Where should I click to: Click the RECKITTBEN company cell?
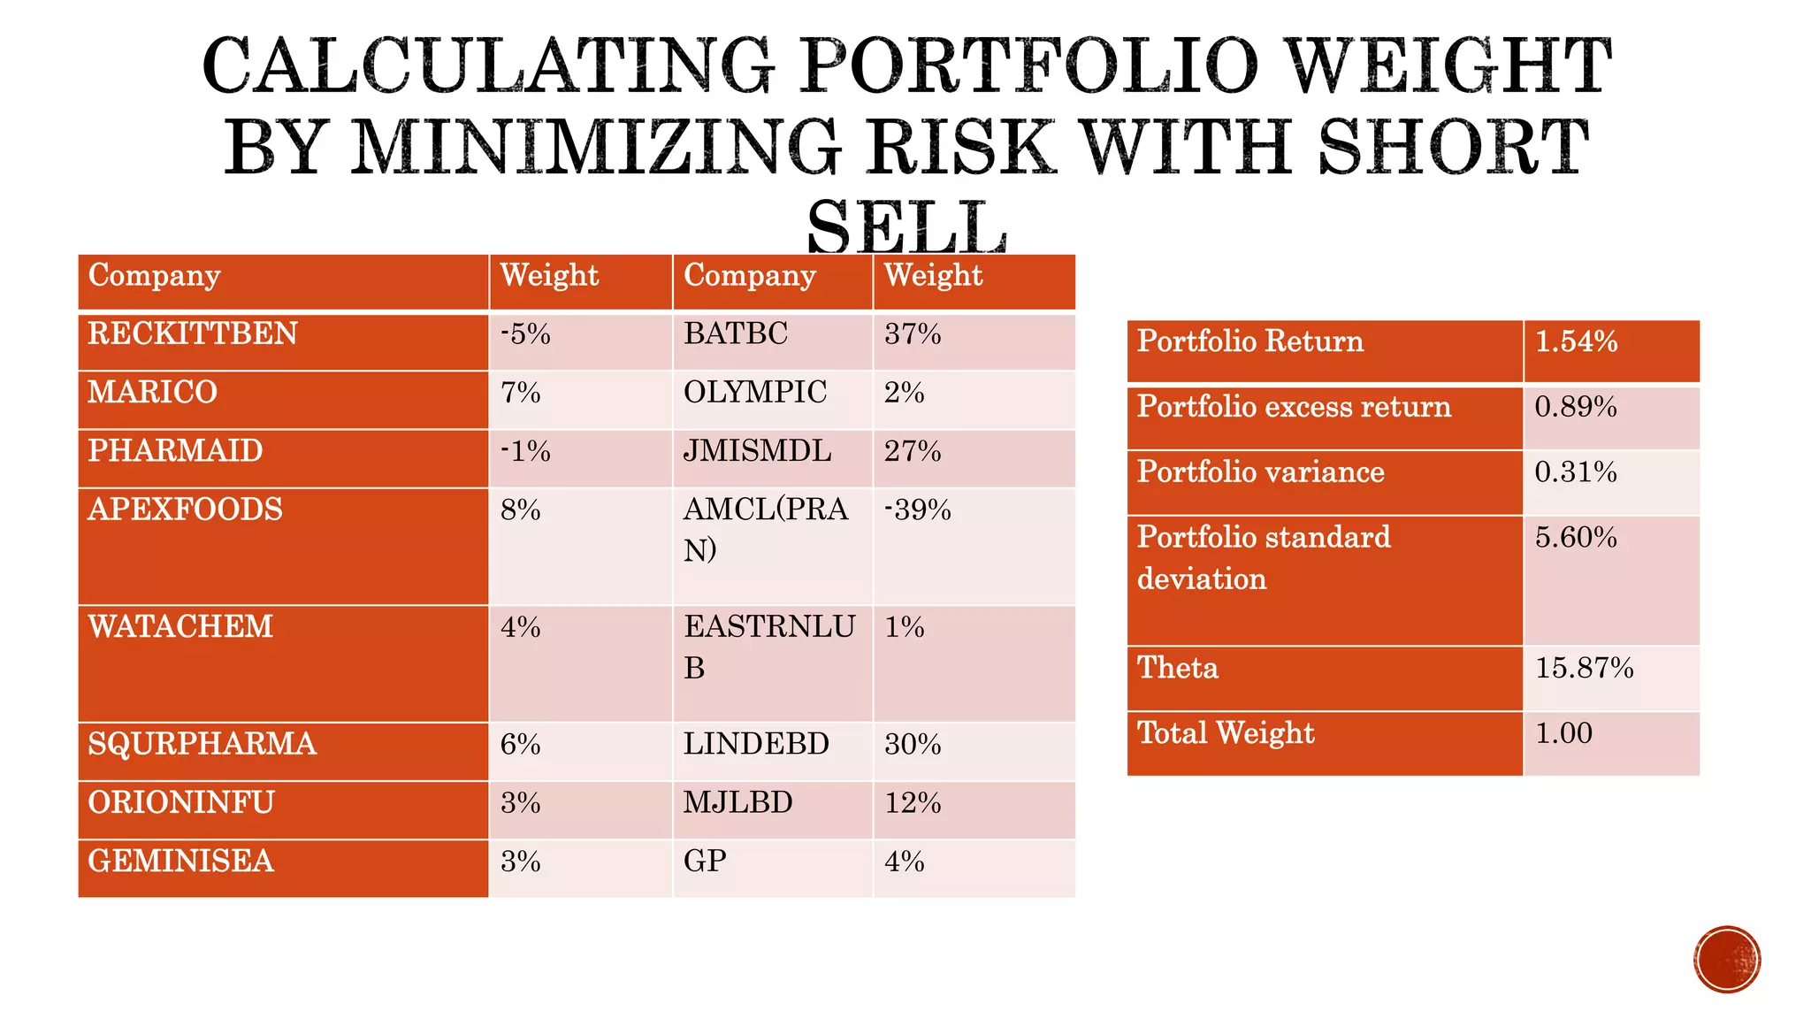pos(193,334)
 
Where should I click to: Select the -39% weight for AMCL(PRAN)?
pos(917,510)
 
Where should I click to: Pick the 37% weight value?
pos(913,334)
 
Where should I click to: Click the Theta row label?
pos(1178,668)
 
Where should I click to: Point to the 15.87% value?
pos(1584,668)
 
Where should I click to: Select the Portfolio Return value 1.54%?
pos(1576,341)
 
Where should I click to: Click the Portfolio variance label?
pos(1260,472)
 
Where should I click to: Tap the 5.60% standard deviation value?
pos(1576,538)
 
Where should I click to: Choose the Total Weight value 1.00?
pos(1563,733)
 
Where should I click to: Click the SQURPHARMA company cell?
pos(202,744)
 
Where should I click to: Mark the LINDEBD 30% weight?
pos(913,745)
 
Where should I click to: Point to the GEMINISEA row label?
pos(181,862)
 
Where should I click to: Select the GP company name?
pos(705,862)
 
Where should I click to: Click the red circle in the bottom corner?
pos(1727,960)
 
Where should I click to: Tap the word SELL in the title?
pos(906,228)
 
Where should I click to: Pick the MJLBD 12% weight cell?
pos(913,803)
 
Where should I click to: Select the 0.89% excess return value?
pos(1576,407)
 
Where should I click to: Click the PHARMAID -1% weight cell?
pos(525,452)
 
